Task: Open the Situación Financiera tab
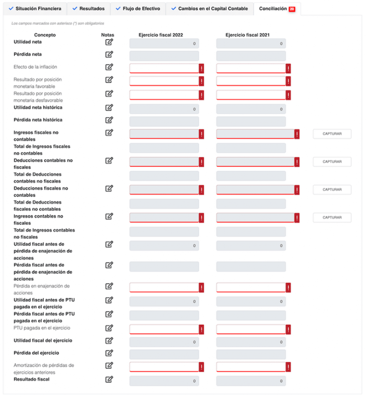click(x=35, y=9)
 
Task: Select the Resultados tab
click(x=89, y=9)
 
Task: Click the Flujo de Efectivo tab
click(x=138, y=9)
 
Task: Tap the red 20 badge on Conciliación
click(x=292, y=9)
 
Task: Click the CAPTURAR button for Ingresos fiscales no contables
click(x=332, y=134)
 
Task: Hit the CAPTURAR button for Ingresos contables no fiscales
click(x=332, y=217)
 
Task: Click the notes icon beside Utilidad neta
click(x=109, y=42)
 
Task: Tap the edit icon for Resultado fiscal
click(x=109, y=379)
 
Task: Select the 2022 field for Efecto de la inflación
click(x=164, y=68)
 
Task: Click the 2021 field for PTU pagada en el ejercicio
click(x=251, y=330)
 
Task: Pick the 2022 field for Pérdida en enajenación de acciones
click(x=164, y=288)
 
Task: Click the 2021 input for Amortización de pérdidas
click(x=251, y=367)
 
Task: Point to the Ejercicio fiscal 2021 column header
click(x=247, y=35)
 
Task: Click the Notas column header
click(x=108, y=35)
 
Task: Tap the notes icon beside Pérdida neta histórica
click(x=109, y=120)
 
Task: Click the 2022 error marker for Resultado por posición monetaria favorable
click(x=201, y=81)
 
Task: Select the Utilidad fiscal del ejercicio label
click(x=43, y=340)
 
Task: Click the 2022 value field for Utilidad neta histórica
click(x=164, y=109)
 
